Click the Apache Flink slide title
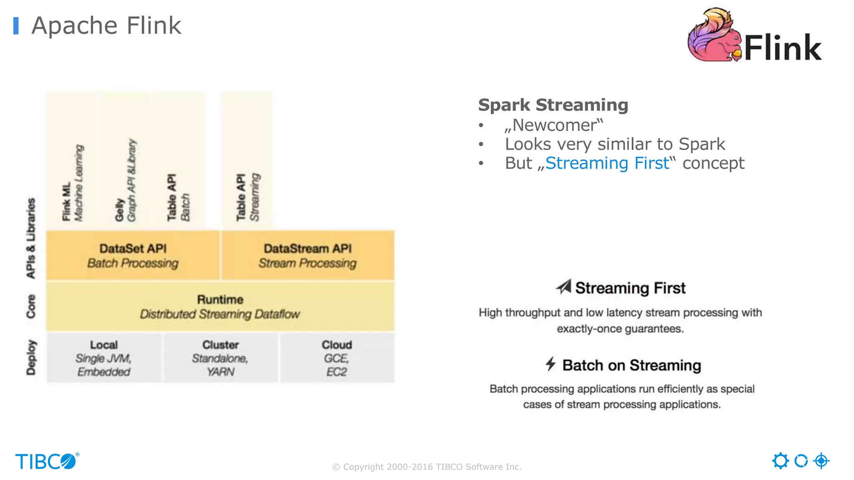click(x=106, y=26)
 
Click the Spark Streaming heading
click(x=553, y=105)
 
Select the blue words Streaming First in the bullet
click(x=607, y=163)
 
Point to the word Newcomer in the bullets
click(x=554, y=125)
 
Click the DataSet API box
click(x=133, y=255)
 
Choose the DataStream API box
click(x=308, y=255)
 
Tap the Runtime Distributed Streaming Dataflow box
click(x=220, y=306)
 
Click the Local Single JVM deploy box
click(x=104, y=357)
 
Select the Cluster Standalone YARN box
click(x=220, y=357)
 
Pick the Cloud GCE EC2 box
click(x=337, y=357)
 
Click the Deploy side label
click(x=31, y=357)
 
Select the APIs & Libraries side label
click(x=31, y=238)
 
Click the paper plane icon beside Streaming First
click(x=564, y=287)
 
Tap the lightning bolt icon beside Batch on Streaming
click(x=550, y=364)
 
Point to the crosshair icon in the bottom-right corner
click(x=821, y=461)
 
